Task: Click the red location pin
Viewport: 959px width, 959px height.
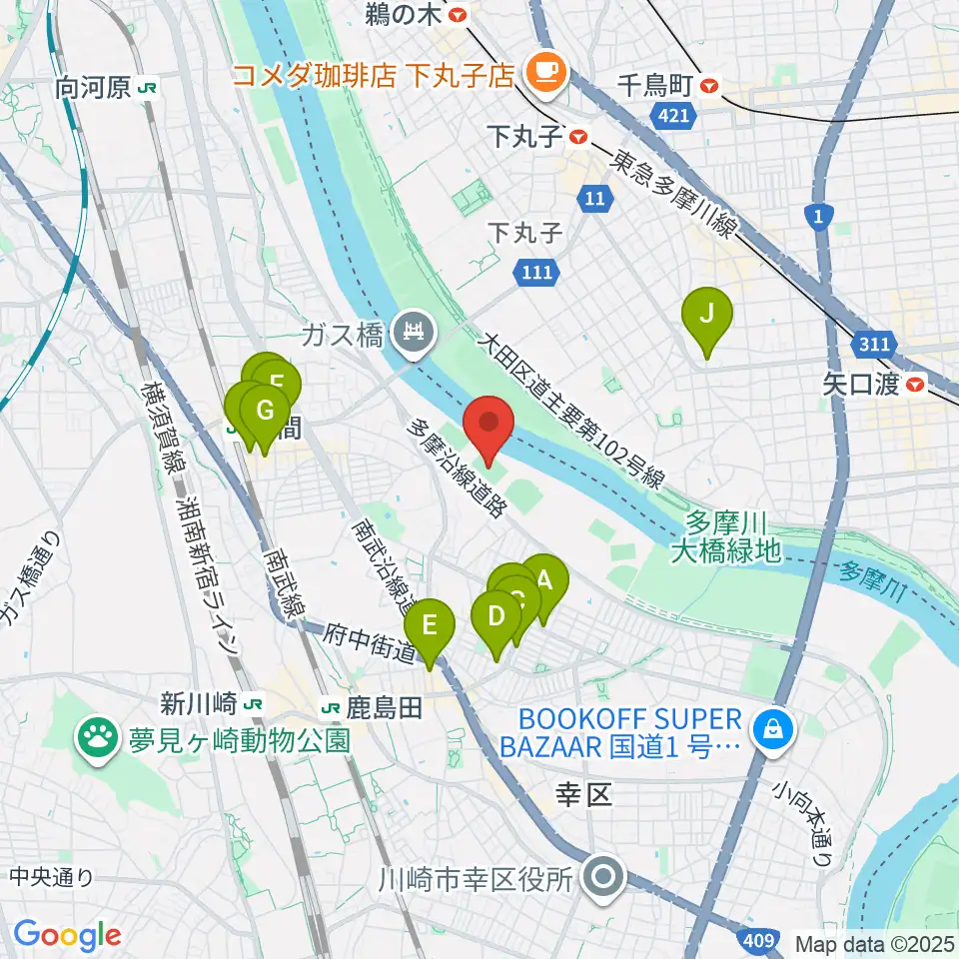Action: (x=489, y=427)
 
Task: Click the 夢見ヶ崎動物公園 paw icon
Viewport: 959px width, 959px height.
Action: (x=98, y=740)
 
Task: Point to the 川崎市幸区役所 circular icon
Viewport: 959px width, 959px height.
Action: (x=604, y=878)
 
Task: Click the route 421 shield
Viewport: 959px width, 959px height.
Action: (x=674, y=118)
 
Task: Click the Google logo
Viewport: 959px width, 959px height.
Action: (x=66, y=935)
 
